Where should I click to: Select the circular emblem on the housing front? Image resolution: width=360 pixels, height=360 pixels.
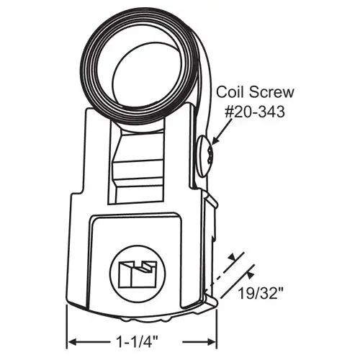[x=135, y=273]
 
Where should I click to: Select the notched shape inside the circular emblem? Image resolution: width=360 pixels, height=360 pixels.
[x=135, y=274]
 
